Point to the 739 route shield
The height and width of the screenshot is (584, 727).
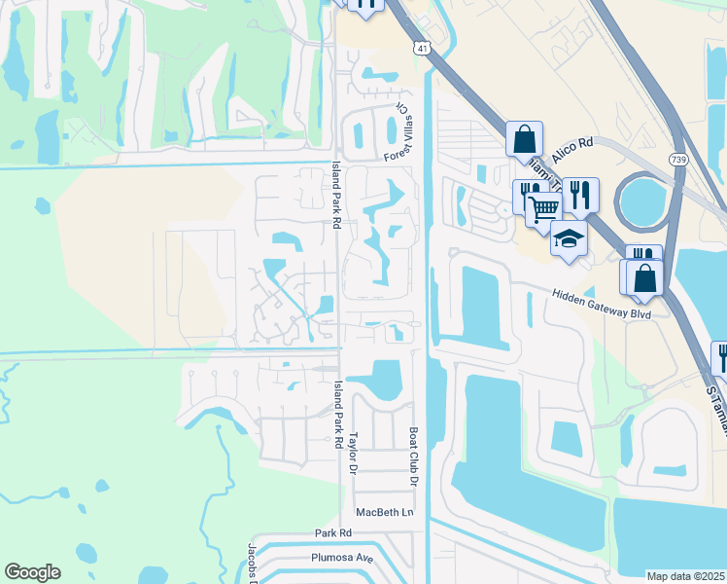[679, 158]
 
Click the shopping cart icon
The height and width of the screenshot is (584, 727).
[543, 206]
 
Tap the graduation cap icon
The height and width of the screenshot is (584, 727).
[569, 237]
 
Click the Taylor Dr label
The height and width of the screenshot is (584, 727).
[355, 453]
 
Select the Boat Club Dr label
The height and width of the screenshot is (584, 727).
[413, 456]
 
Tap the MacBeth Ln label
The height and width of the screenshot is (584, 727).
[385, 512]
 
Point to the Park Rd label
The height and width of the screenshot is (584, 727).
[331, 533]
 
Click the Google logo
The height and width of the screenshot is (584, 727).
[32, 572]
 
